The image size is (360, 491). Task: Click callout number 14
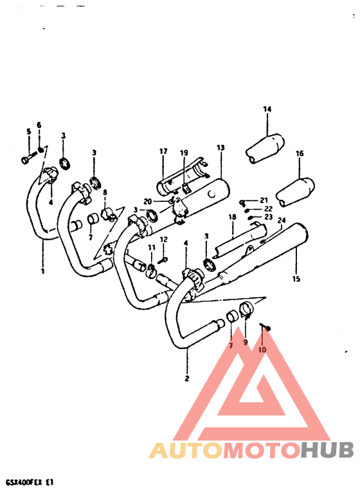click(267, 109)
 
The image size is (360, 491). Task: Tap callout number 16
click(300, 154)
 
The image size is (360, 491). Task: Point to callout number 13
click(221, 148)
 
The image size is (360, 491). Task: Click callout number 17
click(163, 152)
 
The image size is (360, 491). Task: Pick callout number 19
click(184, 152)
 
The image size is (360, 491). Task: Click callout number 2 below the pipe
click(187, 378)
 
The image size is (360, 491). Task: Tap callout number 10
click(262, 350)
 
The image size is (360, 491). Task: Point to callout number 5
click(28, 132)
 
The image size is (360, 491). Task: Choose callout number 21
click(263, 200)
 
